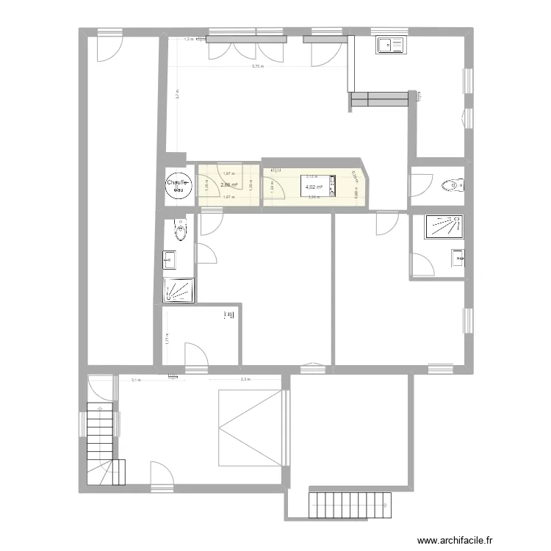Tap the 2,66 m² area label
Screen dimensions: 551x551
pos(228,185)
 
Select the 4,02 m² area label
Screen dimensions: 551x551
pos(314,187)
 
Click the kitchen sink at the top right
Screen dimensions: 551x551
pos(391,46)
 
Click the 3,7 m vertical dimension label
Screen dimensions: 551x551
pos(176,94)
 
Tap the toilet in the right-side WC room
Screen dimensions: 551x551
pos(450,185)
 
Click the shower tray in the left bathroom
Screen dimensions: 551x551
pos(179,290)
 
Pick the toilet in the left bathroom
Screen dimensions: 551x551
pos(180,232)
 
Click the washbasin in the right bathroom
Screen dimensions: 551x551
pos(458,256)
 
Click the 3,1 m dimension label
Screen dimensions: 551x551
pos(135,380)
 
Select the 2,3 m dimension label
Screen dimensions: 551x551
pos(245,380)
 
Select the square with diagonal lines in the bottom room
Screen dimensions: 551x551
pos(250,428)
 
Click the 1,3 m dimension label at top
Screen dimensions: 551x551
pos(188,39)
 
